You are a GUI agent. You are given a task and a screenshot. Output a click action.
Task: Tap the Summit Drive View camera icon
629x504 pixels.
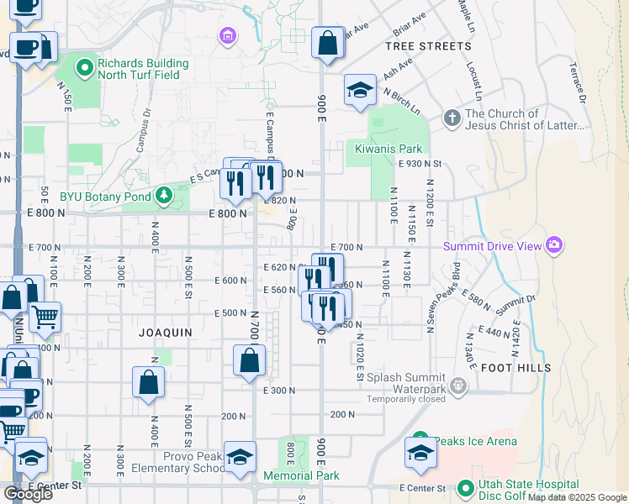pyautogui.click(x=554, y=245)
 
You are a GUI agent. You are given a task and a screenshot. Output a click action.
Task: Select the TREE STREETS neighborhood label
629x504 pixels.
pyautogui.click(x=428, y=46)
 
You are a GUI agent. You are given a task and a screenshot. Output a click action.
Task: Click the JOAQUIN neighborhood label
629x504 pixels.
pyautogui.click(x=166, y=333)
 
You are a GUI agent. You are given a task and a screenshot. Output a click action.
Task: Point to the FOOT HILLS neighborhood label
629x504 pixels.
pyautogui.click(x=516, y=368)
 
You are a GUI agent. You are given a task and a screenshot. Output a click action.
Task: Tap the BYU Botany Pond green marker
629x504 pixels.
pyautogui.click(x=163, y=197)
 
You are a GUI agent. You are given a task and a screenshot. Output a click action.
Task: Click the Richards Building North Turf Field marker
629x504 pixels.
pyautogui.click(x=84, y=69)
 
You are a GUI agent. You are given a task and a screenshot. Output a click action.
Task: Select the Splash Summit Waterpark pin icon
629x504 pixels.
pyautogui.click(x=458, y=386)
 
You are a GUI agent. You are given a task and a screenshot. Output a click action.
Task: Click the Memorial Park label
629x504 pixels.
pyautogui.click(x=301, y=475)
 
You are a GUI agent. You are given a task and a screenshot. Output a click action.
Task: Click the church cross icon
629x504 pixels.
pyautogui.click(x=452, y=118)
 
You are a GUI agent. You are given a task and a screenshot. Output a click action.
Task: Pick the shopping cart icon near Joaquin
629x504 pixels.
pyautogui.click(x=45, y=317)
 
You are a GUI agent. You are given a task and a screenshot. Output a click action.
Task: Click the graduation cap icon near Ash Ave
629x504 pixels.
pyautogui.click(x=360, y=91)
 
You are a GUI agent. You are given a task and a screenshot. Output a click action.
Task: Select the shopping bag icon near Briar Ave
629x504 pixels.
pyautogui.click(x=326, y=43)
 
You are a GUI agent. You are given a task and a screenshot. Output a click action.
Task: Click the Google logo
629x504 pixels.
pyautogui.click(x=28, y=494)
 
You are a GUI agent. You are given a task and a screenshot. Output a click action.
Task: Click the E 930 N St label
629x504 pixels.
pyautogui.click(x=420, y=164)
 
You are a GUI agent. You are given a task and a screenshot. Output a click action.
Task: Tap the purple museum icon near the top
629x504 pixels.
pyautogui.click(x=226, y=36)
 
